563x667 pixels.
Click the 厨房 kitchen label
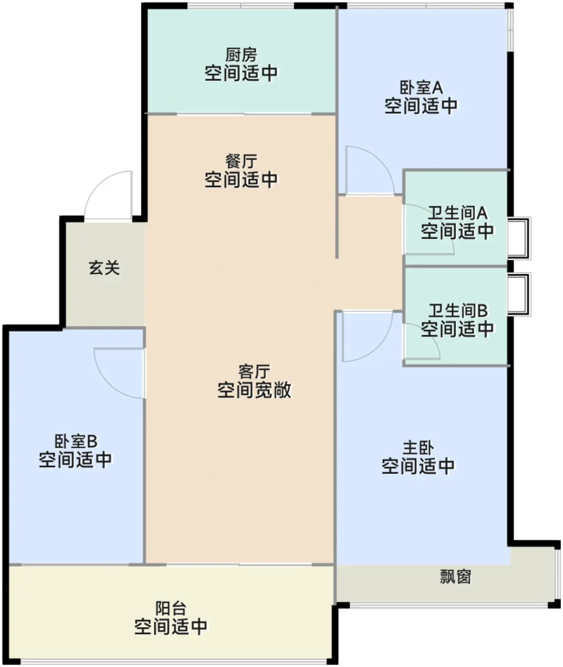[241, 55]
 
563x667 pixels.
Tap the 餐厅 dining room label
[241, 162]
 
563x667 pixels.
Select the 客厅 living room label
[254, 371]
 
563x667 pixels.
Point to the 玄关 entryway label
[104, 268]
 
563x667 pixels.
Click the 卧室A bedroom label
[421, 88]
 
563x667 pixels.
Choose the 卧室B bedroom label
[75, 441]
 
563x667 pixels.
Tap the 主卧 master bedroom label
[418, 448]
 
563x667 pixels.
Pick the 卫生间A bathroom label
[457, 212]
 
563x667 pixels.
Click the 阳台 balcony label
[171, 608]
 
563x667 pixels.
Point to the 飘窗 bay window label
[455, 577]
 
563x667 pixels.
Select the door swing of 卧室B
[119, 372]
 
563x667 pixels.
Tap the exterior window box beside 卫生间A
[518, 238]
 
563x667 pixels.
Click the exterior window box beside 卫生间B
[518, 294]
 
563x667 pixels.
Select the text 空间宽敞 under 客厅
[254, 390]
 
